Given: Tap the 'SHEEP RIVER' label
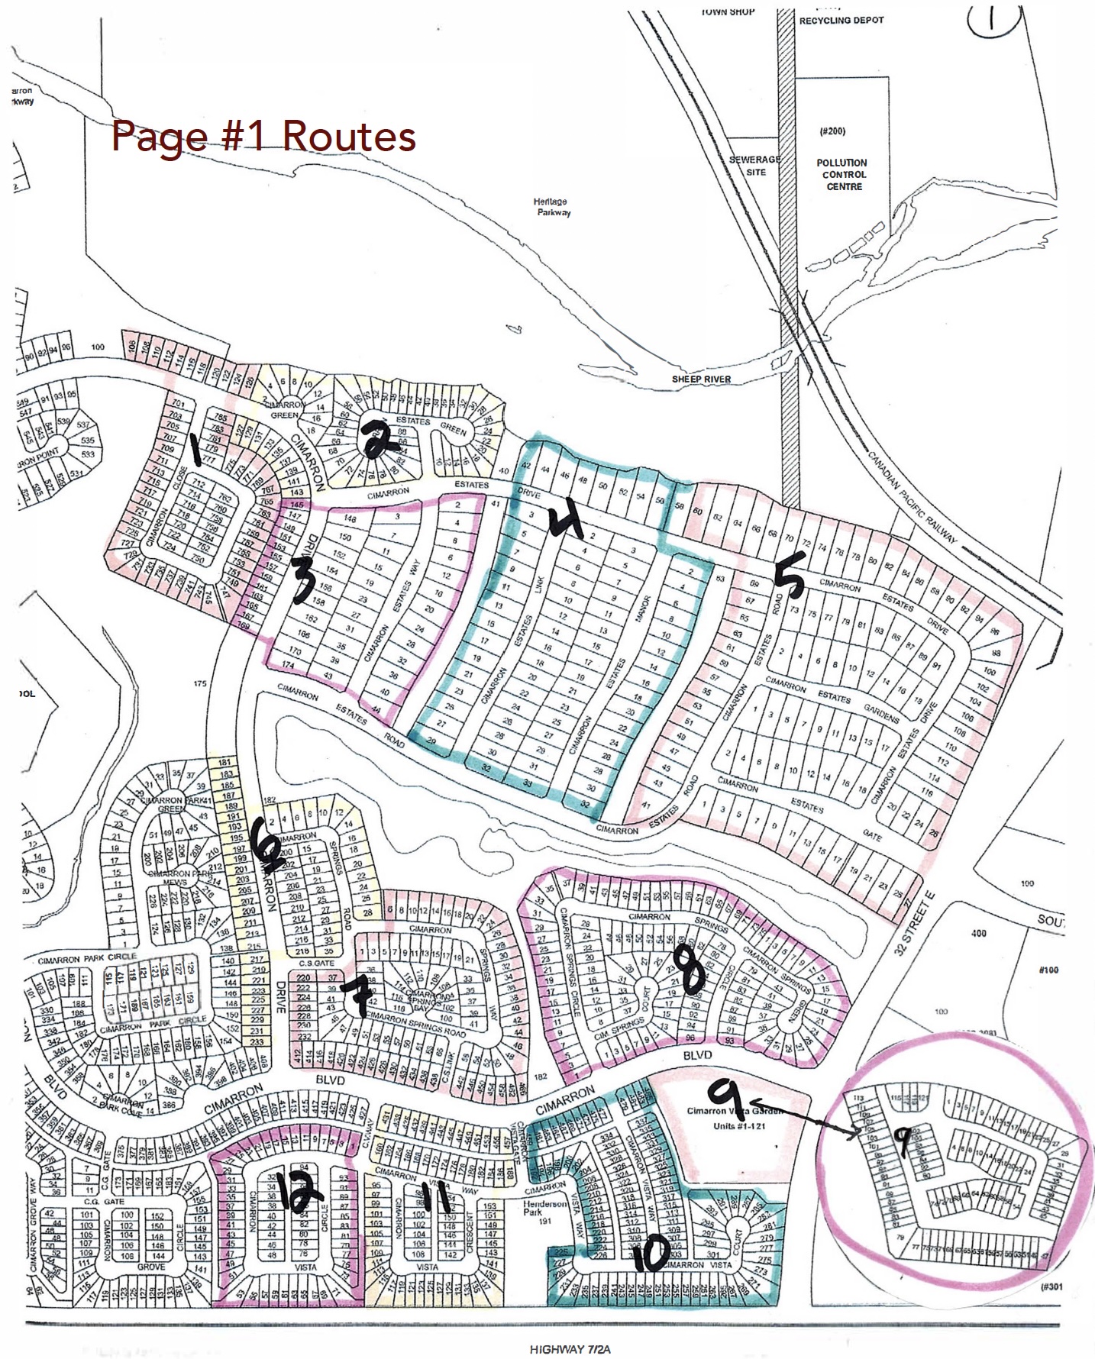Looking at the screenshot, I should point(701,379).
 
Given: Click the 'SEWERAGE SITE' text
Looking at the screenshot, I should point(754,166).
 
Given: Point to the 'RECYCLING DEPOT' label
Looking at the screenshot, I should point(841,21).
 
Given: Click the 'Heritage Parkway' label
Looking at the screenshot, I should point(551,207).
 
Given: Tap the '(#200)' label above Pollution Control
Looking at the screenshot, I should point(832,131).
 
